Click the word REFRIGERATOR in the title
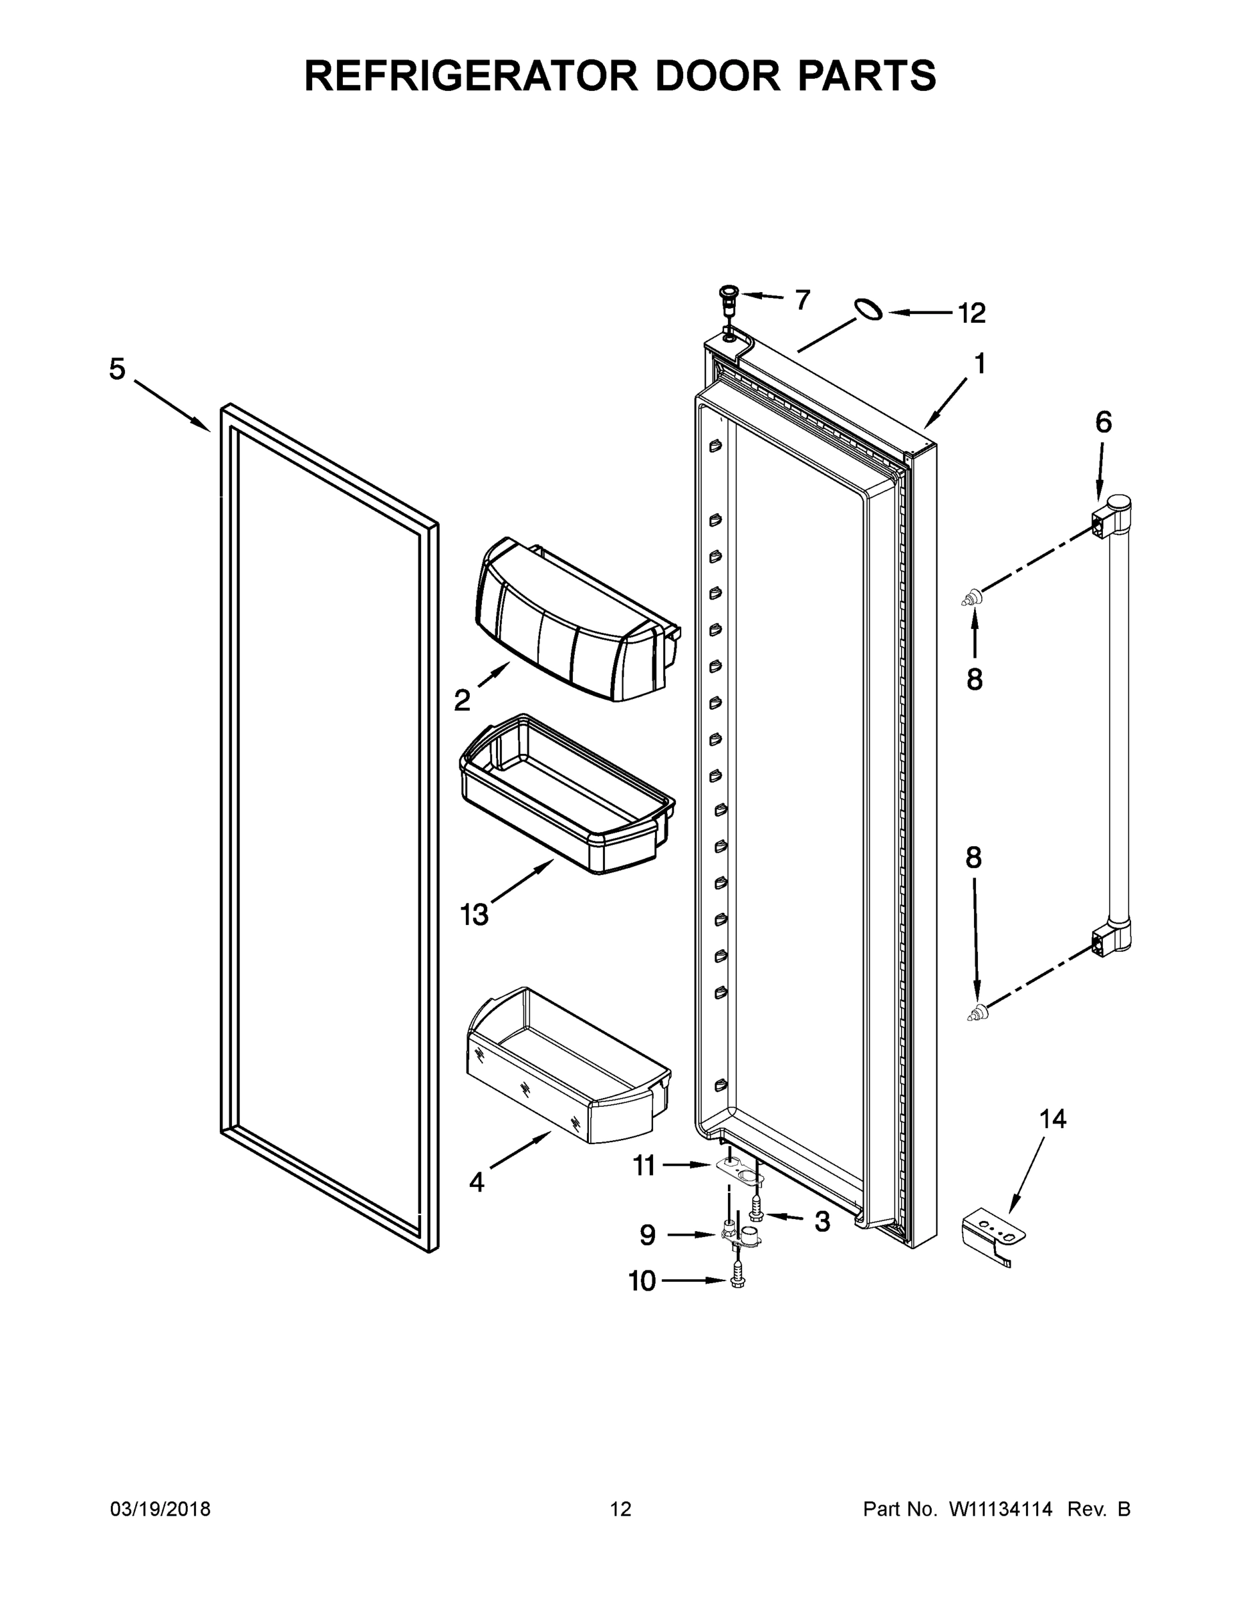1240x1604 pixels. point(471,76)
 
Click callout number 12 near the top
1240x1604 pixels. point(972,313)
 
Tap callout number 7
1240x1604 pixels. point(802,299)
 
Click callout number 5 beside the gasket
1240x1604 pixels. point(118,369)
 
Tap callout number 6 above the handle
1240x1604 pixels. point(1104,422)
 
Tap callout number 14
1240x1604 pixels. point(1053,1119)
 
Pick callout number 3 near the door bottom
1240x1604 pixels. point(822,1221)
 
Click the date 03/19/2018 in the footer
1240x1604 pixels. point(160,1509)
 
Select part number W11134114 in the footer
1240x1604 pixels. point(1001,1509)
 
